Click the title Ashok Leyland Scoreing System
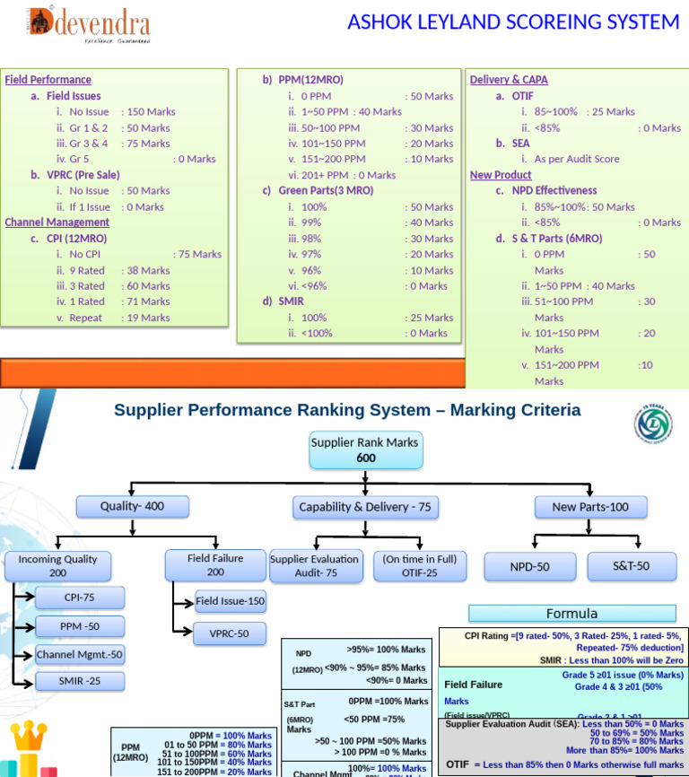513,22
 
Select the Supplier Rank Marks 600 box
364,450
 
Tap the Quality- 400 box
132,506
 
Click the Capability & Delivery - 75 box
364,507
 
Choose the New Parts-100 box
590,507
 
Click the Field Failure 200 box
215,564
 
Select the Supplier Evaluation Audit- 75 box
315,565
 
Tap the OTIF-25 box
419,565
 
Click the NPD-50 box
530,567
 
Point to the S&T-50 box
631,566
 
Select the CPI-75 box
79,598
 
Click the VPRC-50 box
230,633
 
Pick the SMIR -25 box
79,682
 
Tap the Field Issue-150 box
231,601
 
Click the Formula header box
571,614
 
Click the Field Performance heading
48,80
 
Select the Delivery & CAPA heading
509,80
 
